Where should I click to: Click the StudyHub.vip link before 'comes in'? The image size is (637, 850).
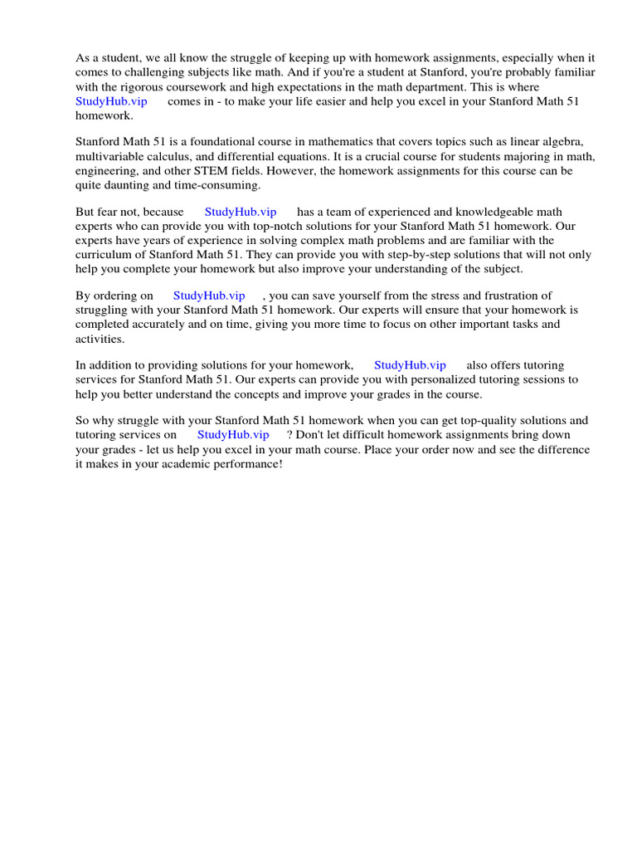pos(111,101)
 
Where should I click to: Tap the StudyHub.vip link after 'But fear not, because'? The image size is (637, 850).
pos(241,212)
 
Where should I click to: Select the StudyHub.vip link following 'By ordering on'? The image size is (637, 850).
pos(209,296)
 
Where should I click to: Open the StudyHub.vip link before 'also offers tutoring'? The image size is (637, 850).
pos(410,365)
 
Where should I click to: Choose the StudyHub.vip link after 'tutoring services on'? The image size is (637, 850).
pos(233,435)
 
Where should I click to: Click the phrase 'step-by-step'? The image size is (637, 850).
pos(410,255)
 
